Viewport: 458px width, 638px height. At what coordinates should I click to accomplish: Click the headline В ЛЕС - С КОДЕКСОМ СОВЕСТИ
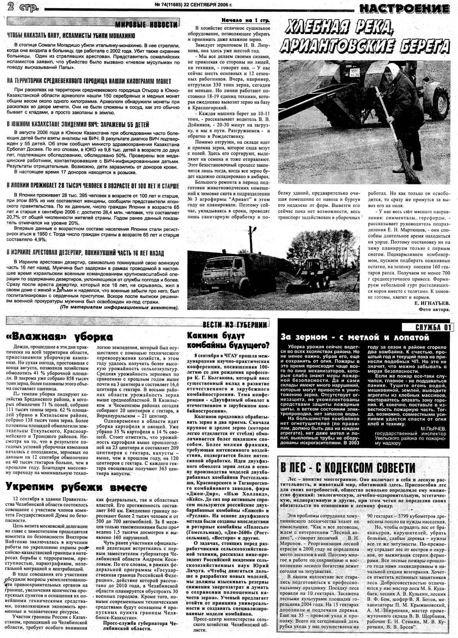[x=347, y=468]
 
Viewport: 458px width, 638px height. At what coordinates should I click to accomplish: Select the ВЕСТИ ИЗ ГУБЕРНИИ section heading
[x=235, y=325]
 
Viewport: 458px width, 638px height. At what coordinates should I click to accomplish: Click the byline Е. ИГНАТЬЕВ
[x=432, y=303]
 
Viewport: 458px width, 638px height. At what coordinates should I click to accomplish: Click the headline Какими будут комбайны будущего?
[x=228, y=340]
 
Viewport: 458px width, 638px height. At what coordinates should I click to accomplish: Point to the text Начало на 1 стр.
[x=245, y=20]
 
